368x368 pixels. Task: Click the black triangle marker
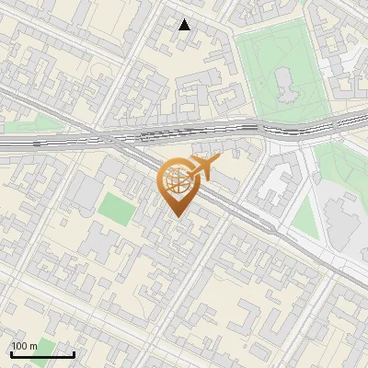(x=185, y=25)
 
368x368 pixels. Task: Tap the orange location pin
(x=177, y=185)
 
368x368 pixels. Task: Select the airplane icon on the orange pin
(x=204, y=167)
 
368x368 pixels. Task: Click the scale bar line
(x=42, y=355)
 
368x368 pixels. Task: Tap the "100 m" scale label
(x=24, y=346)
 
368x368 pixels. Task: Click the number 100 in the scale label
(x=20, y=346)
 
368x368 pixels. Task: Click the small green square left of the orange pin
(x=116, y=207)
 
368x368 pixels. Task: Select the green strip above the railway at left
(x=37, y=122)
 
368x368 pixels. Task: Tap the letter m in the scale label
(x=33, y=347)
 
